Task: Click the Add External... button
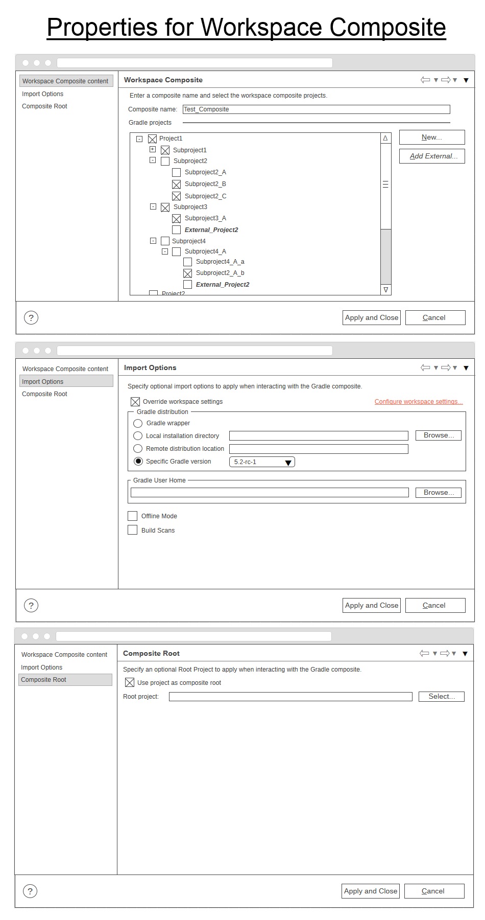click(432, 156)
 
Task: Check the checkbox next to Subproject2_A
click(177, 173)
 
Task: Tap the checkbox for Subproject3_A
click(177, 219)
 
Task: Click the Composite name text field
click(316, 109)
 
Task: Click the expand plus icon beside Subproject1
click(152, 149)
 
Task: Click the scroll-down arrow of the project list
click(385, 290)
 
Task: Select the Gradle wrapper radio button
click(138, 423)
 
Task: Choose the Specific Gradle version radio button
click(138, 462)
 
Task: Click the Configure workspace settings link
click(419, 402)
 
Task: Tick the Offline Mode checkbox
click(133, 516)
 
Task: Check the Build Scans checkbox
click(133, 530)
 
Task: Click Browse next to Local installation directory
click(439, 435)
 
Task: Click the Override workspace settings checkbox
click(135, 402)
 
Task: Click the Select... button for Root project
click(441, 697)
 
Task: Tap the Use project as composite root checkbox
click(130, 683)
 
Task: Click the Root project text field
click(290, 697)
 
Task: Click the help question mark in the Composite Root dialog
click(30, 891)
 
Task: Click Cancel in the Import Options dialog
click(435, 605)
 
